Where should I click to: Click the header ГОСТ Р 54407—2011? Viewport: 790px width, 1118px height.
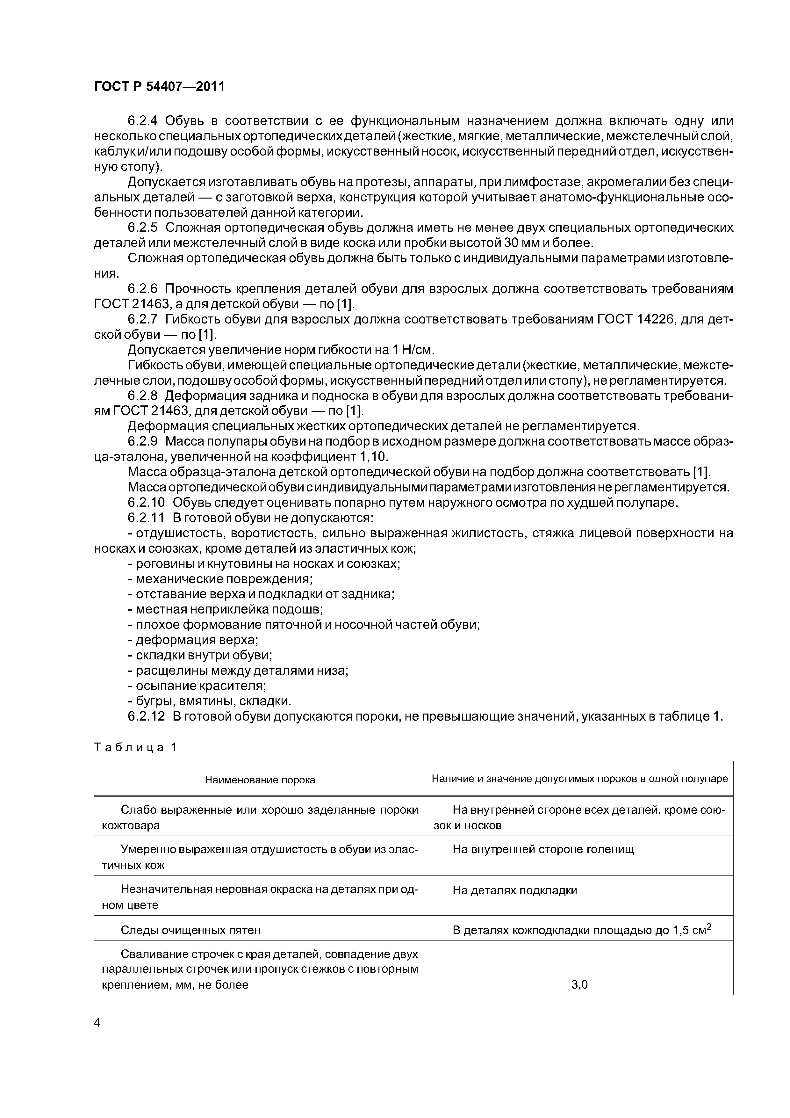pyautogui.click(x=159, y=87)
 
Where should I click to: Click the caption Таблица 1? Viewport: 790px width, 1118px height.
pyautogui.click(x=135, y=747)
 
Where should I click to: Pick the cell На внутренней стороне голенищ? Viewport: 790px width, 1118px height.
pyautogui.click(x=543, y=849)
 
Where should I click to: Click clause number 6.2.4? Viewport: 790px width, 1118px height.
pyautogui.click(x=144, y=121)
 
